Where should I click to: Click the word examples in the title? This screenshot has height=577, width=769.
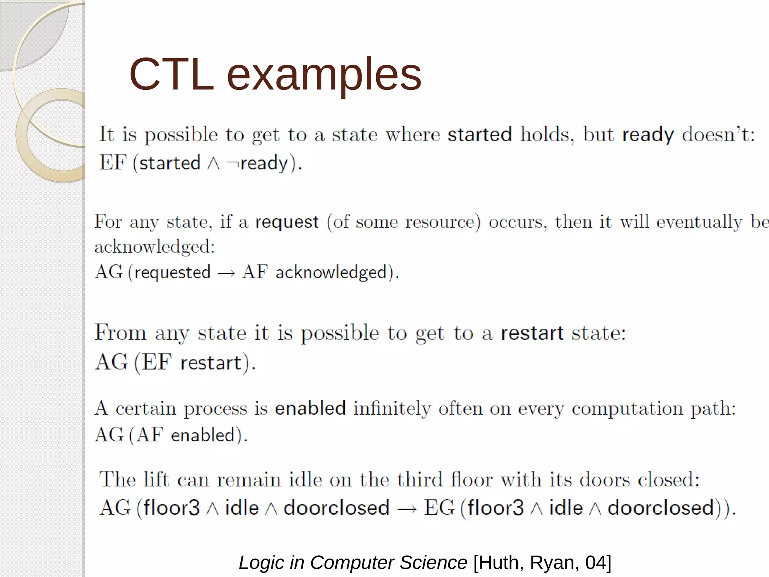tap(324, 75)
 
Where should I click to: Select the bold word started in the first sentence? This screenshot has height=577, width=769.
tap(479, 134)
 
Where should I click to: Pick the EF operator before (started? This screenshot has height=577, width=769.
tap(113, 163)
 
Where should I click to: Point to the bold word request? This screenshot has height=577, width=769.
tap(287, 222)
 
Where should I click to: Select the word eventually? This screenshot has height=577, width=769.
tap(699, 222)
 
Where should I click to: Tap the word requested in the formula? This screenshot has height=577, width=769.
tap(172, 272)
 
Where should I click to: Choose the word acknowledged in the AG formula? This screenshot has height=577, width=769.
tap(331, 272)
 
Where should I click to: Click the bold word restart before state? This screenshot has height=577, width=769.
tap(532, 333)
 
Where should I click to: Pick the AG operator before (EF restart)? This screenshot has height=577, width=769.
tap(111, 362)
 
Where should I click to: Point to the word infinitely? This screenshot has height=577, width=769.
tap(392, 408)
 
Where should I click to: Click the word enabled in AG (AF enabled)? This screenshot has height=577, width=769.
tap(203, 435)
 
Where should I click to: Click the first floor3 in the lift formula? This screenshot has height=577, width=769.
tap(172, 508)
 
